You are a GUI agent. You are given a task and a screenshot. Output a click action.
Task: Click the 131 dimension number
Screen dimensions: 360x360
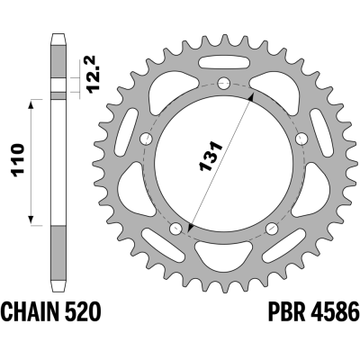pyautogui.click(x=211, y=156)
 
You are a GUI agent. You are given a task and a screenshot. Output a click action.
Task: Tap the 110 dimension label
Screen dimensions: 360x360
pyautogui.click(x=17, y=162)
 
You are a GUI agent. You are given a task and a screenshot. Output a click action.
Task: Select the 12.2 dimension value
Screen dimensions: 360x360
pyautogui.click(x=92, y=74)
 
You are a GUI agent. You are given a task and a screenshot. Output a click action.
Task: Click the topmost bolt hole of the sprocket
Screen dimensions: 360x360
pyautogui.click(x=224, y=84)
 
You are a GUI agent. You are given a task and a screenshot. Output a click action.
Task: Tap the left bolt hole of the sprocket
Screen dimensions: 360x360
pyautogui.click(x=147, y=139)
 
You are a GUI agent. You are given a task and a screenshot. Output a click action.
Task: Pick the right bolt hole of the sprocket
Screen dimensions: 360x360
pyautogui.click(x=301, y=139)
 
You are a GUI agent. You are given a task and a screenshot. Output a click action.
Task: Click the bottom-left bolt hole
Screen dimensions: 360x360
pyautogui.click(x=175, y=229)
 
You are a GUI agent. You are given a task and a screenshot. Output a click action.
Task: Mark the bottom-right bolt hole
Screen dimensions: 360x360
pyautogui.click(x=272, y=229)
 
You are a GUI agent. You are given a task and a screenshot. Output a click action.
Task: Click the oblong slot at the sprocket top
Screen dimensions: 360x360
pyautogui.click(x=224, y=63)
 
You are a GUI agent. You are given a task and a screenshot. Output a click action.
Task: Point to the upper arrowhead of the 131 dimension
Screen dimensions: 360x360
pyautogui.click(x=251, y=97)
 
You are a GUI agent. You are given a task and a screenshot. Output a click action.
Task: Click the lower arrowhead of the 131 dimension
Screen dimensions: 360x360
pyautogui.click(x=190, y=228)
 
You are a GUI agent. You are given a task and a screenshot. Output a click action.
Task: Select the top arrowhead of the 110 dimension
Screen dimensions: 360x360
pyautogui.click(x=31, y=104)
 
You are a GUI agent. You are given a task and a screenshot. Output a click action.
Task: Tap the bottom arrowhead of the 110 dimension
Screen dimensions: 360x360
pyautogui.click(x=31, y=220)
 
